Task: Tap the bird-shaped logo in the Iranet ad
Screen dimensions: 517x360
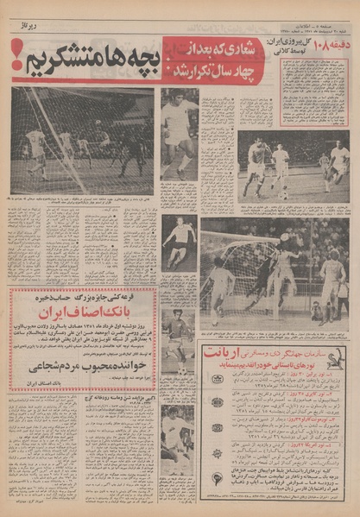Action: coord(332,359)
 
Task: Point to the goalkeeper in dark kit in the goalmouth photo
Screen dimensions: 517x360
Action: coord(258,276)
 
